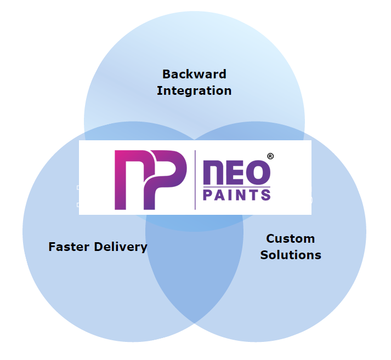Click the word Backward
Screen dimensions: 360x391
194,74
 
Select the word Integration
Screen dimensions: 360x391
194,90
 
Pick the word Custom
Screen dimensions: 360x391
290,238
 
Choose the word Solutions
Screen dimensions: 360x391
291,255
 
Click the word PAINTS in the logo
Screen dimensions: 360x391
236,194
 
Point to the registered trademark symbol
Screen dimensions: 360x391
270,156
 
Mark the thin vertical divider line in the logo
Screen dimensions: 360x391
195,180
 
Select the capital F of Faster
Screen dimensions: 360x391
52,247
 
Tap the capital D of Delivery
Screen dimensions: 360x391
100,247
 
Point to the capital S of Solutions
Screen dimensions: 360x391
264,255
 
